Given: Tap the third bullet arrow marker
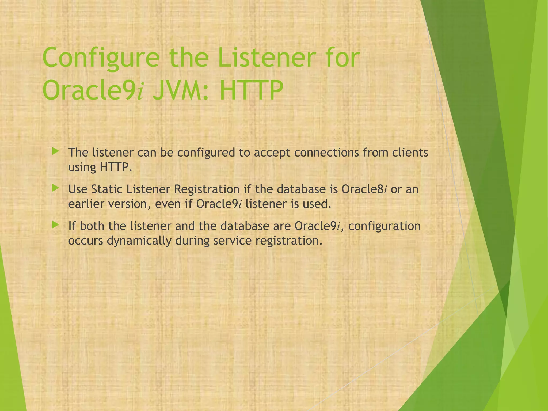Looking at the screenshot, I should pyautogui.click(x=55, y=225).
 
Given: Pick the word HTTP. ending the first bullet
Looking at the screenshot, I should pyautogui.click(x=116, y=168).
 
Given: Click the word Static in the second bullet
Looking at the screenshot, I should pyautogui.click(x=107, y=189).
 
